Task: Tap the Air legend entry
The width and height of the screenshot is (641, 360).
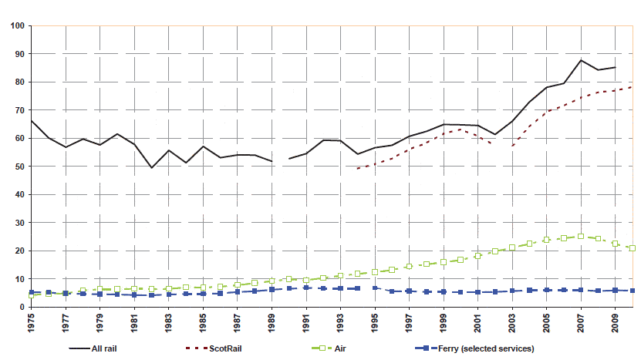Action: tap(342, 349)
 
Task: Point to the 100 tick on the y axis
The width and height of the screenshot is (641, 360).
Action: tap(16, 26)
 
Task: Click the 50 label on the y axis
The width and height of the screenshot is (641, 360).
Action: tap(19, 167)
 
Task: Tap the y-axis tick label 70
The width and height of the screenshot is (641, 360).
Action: tap(19, 110)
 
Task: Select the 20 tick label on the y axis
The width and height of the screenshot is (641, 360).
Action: tap(19, 251)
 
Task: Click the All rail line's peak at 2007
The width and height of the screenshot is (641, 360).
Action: tap(581, 60)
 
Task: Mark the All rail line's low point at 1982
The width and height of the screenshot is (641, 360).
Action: tap(151, 167)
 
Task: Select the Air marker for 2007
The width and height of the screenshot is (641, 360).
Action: tap(581, 237)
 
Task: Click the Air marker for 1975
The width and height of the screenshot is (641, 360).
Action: tap(32, 295)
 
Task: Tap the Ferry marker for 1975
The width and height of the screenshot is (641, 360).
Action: tap(32, 292)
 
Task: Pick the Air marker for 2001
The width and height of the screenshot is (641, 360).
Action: tap(477, 255)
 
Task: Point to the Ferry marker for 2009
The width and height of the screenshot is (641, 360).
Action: tap(615, 290)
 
